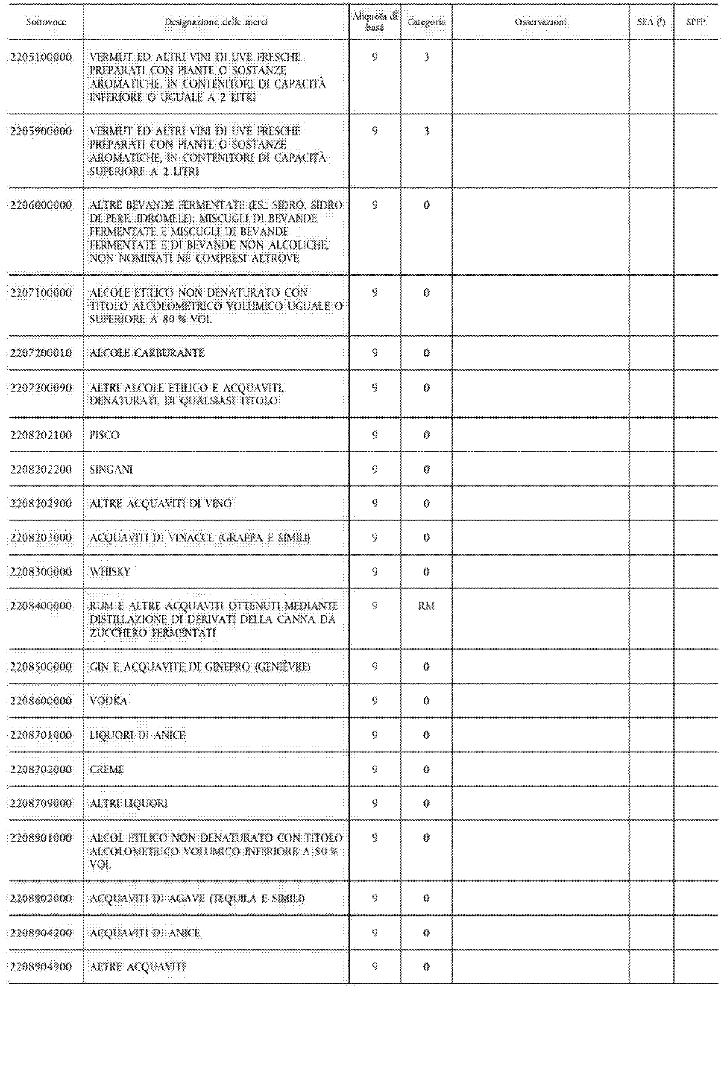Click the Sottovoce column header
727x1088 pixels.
pyautogui.click(x=46, y=22)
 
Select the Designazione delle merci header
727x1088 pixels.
pyautogui.click(x=216, y=22)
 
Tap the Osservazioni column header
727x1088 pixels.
pyautogui.click(x=541, y=22)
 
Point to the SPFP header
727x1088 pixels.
pyautogui.click(x=695, y=22)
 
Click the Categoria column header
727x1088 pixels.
pyautogui.click(x=426, y=22)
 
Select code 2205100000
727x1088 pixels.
pyautogui.click(x=41, y=58)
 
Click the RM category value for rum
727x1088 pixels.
pyautogui.click(x=426, y=606)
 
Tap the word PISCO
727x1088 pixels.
pyautogui.click(x=104, y=435)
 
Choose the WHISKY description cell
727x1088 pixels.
pyautogui.click(x=110, y=572)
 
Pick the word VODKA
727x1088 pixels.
pyautogui.click(x=108, y=701)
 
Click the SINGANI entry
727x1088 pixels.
pyautogui.click(x=111, y=469)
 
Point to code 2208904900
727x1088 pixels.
pyautogui.click(x=41, y=967)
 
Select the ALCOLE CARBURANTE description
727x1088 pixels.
pyautogui.click(x=147, y=353)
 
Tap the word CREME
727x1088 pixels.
pyautogui.click(x=107, y=769)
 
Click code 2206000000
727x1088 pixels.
pyautogui.click(x=41, y=205)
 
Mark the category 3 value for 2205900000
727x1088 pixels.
pyautogui.click(x=426, y=132)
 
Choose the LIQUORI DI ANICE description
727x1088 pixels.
pyautogui.click(x=137, y=735)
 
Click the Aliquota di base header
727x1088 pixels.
pyautogui.click(x=375, y=22)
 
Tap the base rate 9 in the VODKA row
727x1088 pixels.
pyautogui.click(x=375, y=701)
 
